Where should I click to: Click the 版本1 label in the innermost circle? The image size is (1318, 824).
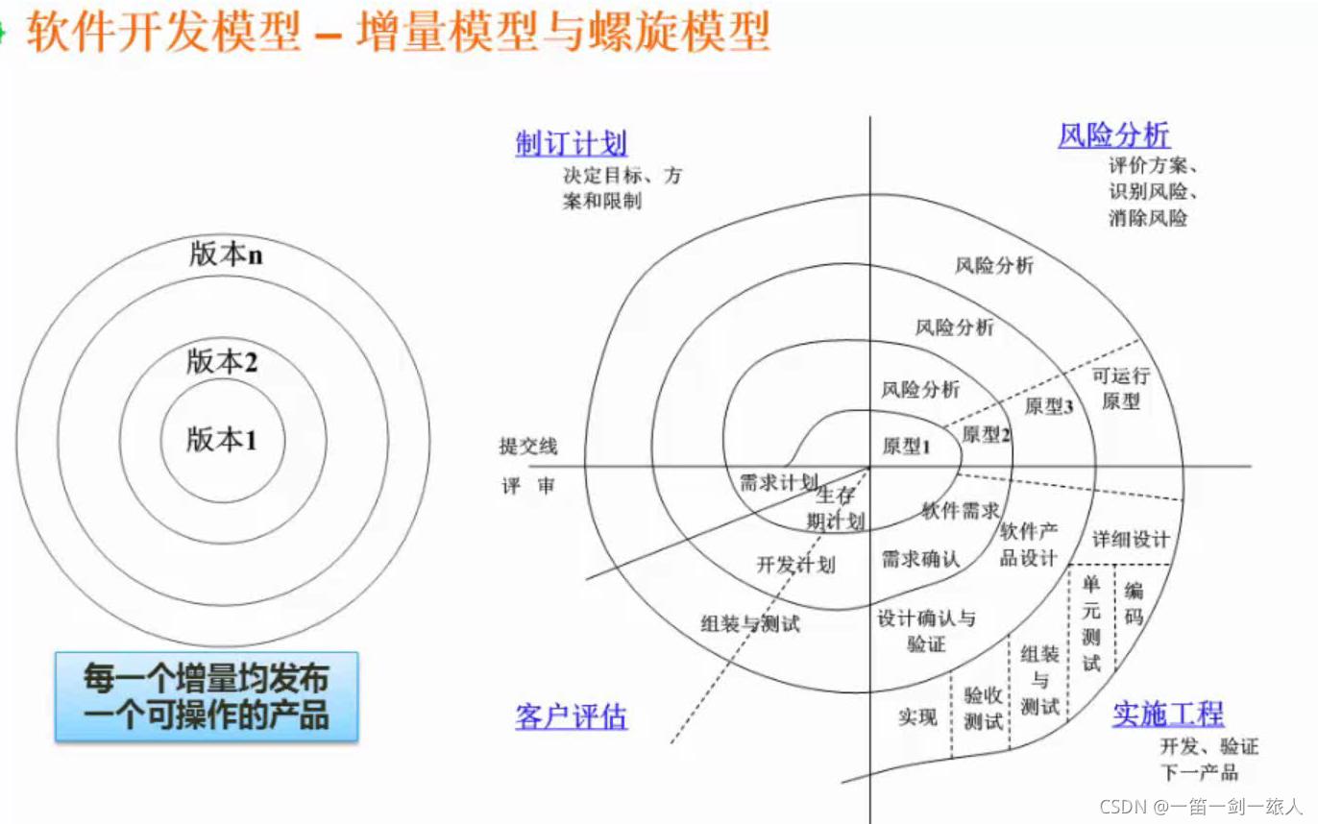click(x=222, y=440)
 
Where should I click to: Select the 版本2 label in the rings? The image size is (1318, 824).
click(x=222, y=362)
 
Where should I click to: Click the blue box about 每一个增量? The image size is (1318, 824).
click(x=206, y=696)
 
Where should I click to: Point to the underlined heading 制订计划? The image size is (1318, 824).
click(x=571, y=144)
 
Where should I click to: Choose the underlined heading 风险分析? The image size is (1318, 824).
click(x=1113, y=135)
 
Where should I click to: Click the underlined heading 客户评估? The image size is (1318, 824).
click(x=571, y=716)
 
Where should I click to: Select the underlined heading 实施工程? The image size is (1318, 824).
click(x=1167, y=714)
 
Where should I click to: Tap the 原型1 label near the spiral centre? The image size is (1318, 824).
click(x=906, y=446)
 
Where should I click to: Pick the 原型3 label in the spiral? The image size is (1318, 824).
click(x=1048, y=406)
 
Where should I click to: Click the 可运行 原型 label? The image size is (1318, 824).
click(x=1120, y=388)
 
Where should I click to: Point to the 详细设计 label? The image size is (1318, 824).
click(x=1131, y=539)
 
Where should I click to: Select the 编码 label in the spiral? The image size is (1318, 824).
click(x=1134, y=604)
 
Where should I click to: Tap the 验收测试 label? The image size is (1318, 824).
click(x=983, y=709)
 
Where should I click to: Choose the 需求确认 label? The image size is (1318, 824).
click(x=920, y=559)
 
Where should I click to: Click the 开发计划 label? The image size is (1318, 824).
click(x=795, y=564)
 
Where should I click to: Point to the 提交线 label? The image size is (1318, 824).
click(x=527, y=447)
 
